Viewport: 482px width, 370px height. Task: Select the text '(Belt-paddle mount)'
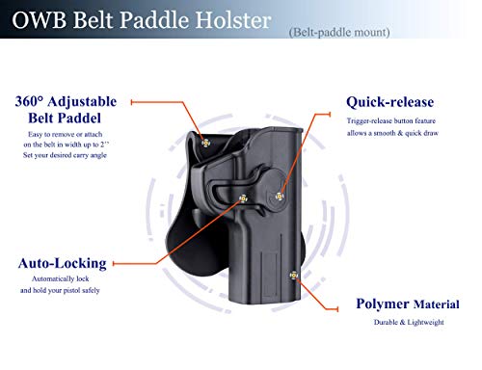(338, 33)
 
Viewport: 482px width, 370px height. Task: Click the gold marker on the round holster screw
(280, 197)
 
